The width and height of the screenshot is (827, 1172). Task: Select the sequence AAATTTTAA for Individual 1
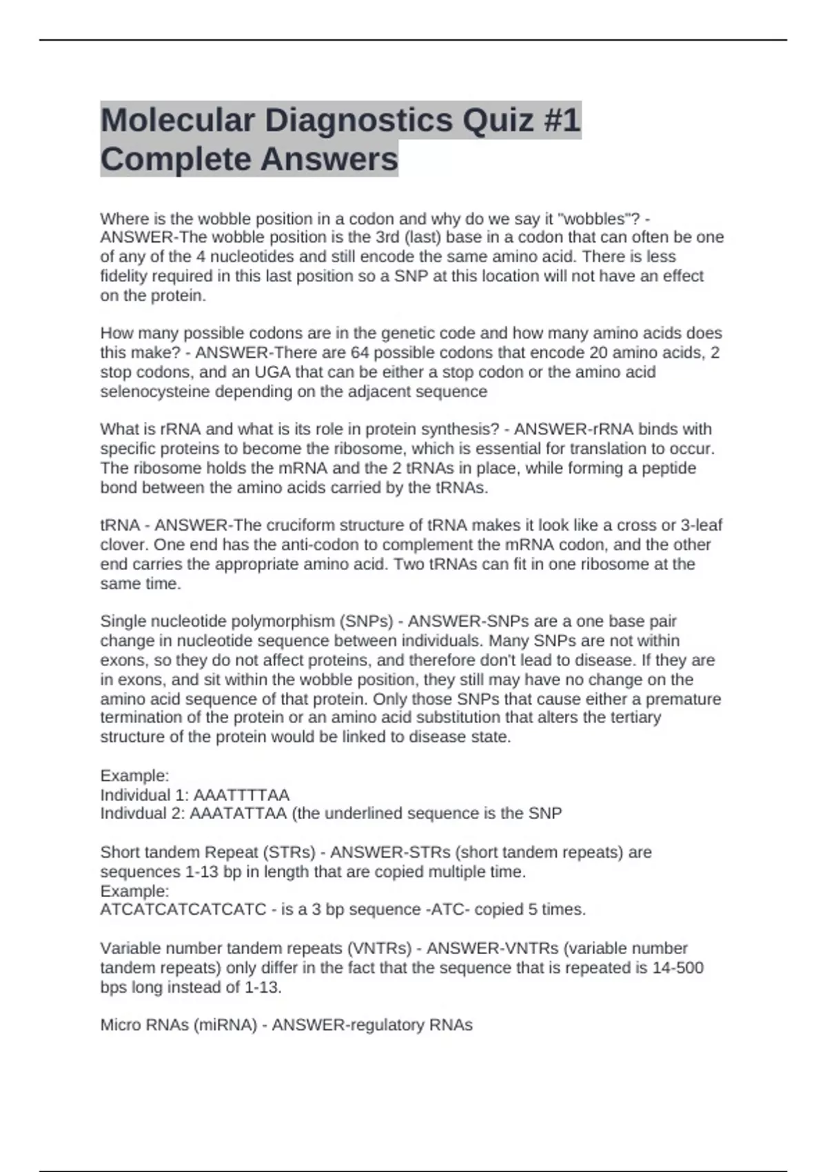pyautogui.click(x=241, y=795)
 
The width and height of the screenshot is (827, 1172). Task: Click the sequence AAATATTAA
pyautogui.click(x=238, y=814)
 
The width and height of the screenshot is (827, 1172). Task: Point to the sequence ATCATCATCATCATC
pyautogui.click(x=183, y=909)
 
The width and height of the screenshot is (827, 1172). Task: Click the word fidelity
pyautogui.click(x=124, y=276)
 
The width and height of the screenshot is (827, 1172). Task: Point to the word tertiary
pyautogui.click(x=635, y=718)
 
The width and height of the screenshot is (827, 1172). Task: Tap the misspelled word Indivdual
pyautogui.click(x=134, y=814)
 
